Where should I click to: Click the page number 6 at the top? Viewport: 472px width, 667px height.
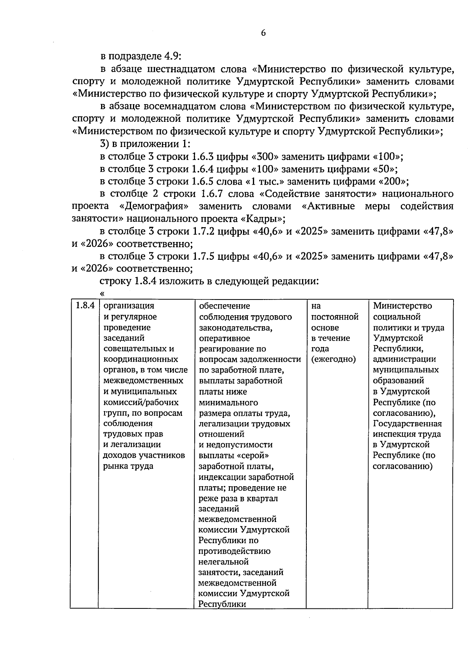(x=263, y=33)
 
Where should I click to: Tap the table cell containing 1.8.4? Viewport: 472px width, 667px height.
(x=84, y=306)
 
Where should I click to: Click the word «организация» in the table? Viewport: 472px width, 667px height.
(x=128, y=306)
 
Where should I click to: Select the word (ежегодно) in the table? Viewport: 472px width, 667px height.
(x=333, y=359)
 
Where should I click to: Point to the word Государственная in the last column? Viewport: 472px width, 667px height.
(x=407, y=424)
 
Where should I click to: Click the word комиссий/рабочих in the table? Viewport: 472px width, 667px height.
(x=140, y=402)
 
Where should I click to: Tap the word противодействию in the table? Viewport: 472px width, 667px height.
(x=234, y=551)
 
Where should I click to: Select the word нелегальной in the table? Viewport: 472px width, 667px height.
(x=224, y=562)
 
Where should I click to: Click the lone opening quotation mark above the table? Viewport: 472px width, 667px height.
(x=103, y=293)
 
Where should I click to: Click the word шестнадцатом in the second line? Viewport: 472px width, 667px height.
(x=180, y=69)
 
